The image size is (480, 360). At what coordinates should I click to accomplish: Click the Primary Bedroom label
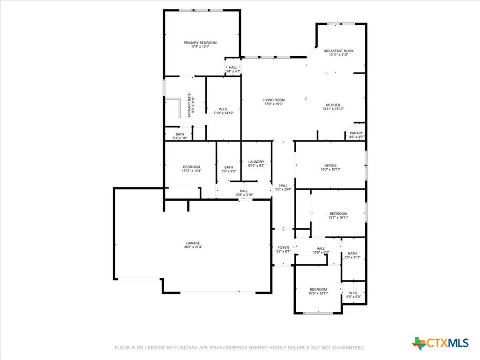[200, 43]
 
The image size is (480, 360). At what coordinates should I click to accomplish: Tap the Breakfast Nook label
[338, 51]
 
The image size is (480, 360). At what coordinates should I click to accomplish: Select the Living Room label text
[274, 100]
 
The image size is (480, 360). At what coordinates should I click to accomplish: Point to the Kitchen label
[333, 105]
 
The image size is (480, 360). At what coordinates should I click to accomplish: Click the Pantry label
[356, 133]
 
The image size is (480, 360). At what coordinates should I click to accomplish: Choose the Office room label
[330, 165]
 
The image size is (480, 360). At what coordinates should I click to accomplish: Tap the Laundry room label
[256, 162]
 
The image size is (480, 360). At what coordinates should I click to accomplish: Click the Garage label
[193, 243]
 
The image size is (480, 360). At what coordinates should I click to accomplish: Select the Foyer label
[283, 247]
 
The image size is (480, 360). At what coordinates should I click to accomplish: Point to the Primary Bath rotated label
[189, 105]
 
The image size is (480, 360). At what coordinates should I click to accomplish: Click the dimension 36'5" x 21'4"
[193, 247]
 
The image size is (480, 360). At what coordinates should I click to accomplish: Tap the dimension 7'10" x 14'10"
[224, 113]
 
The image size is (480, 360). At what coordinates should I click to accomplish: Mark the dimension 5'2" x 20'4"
[284, 189]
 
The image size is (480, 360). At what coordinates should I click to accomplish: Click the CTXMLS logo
[440, 343]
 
